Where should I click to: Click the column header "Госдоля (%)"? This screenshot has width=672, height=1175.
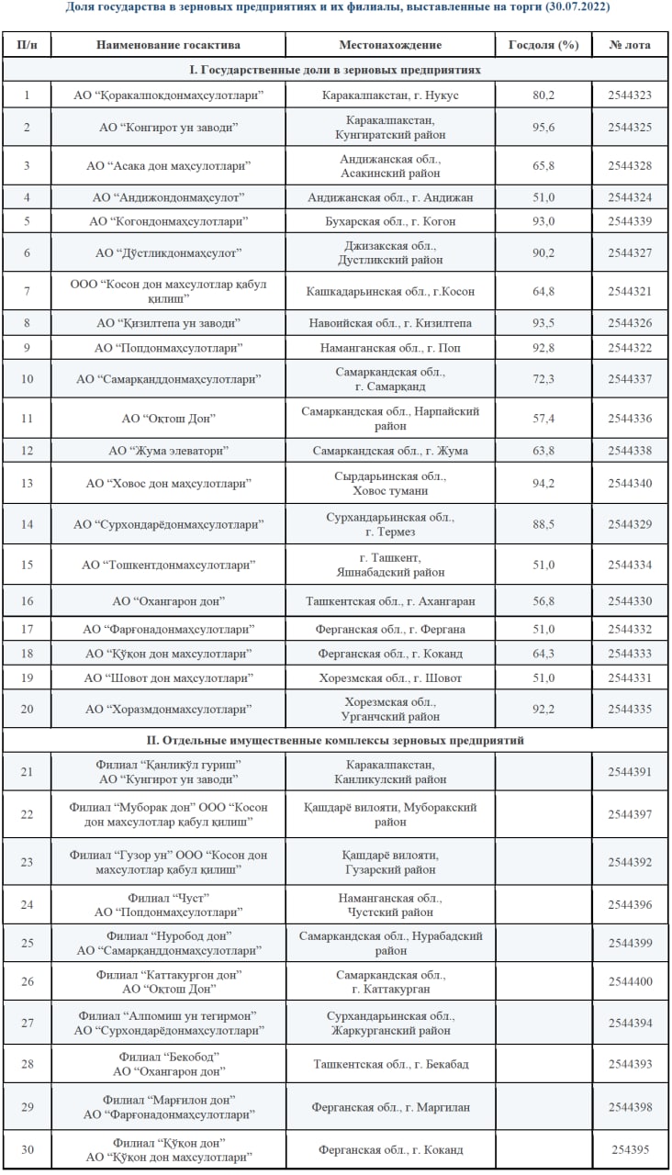(543, 45)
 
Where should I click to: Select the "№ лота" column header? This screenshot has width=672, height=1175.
(630, 45)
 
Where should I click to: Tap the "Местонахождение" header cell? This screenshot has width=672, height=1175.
(390, 45)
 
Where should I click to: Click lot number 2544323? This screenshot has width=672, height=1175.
(630, 95)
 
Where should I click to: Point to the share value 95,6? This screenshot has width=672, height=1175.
(543, 127)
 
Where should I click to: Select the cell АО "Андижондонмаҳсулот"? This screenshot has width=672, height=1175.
(170, 197)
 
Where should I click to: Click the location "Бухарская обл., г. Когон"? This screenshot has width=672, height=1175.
(390, 221)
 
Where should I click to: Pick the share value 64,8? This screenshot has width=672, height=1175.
(543, 292)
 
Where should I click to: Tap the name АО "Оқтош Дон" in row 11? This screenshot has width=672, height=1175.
(169, 419)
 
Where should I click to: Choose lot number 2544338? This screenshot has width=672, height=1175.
(630, 451)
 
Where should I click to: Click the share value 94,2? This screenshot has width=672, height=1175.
(543, 483)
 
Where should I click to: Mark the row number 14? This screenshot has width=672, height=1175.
(27, 524)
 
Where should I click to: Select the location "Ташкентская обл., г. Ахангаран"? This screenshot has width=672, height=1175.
(390, 601)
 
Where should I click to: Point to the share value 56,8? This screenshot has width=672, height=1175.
(543, 601)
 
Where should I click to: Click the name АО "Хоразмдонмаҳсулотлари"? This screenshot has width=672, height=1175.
(170, 710)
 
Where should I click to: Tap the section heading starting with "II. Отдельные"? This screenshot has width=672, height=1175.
(336, 740)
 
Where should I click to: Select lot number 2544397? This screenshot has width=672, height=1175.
(630, 814)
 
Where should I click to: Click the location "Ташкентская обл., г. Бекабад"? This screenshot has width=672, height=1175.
(390, 1064)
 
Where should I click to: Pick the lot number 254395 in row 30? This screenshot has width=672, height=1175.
(630, 1149)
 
